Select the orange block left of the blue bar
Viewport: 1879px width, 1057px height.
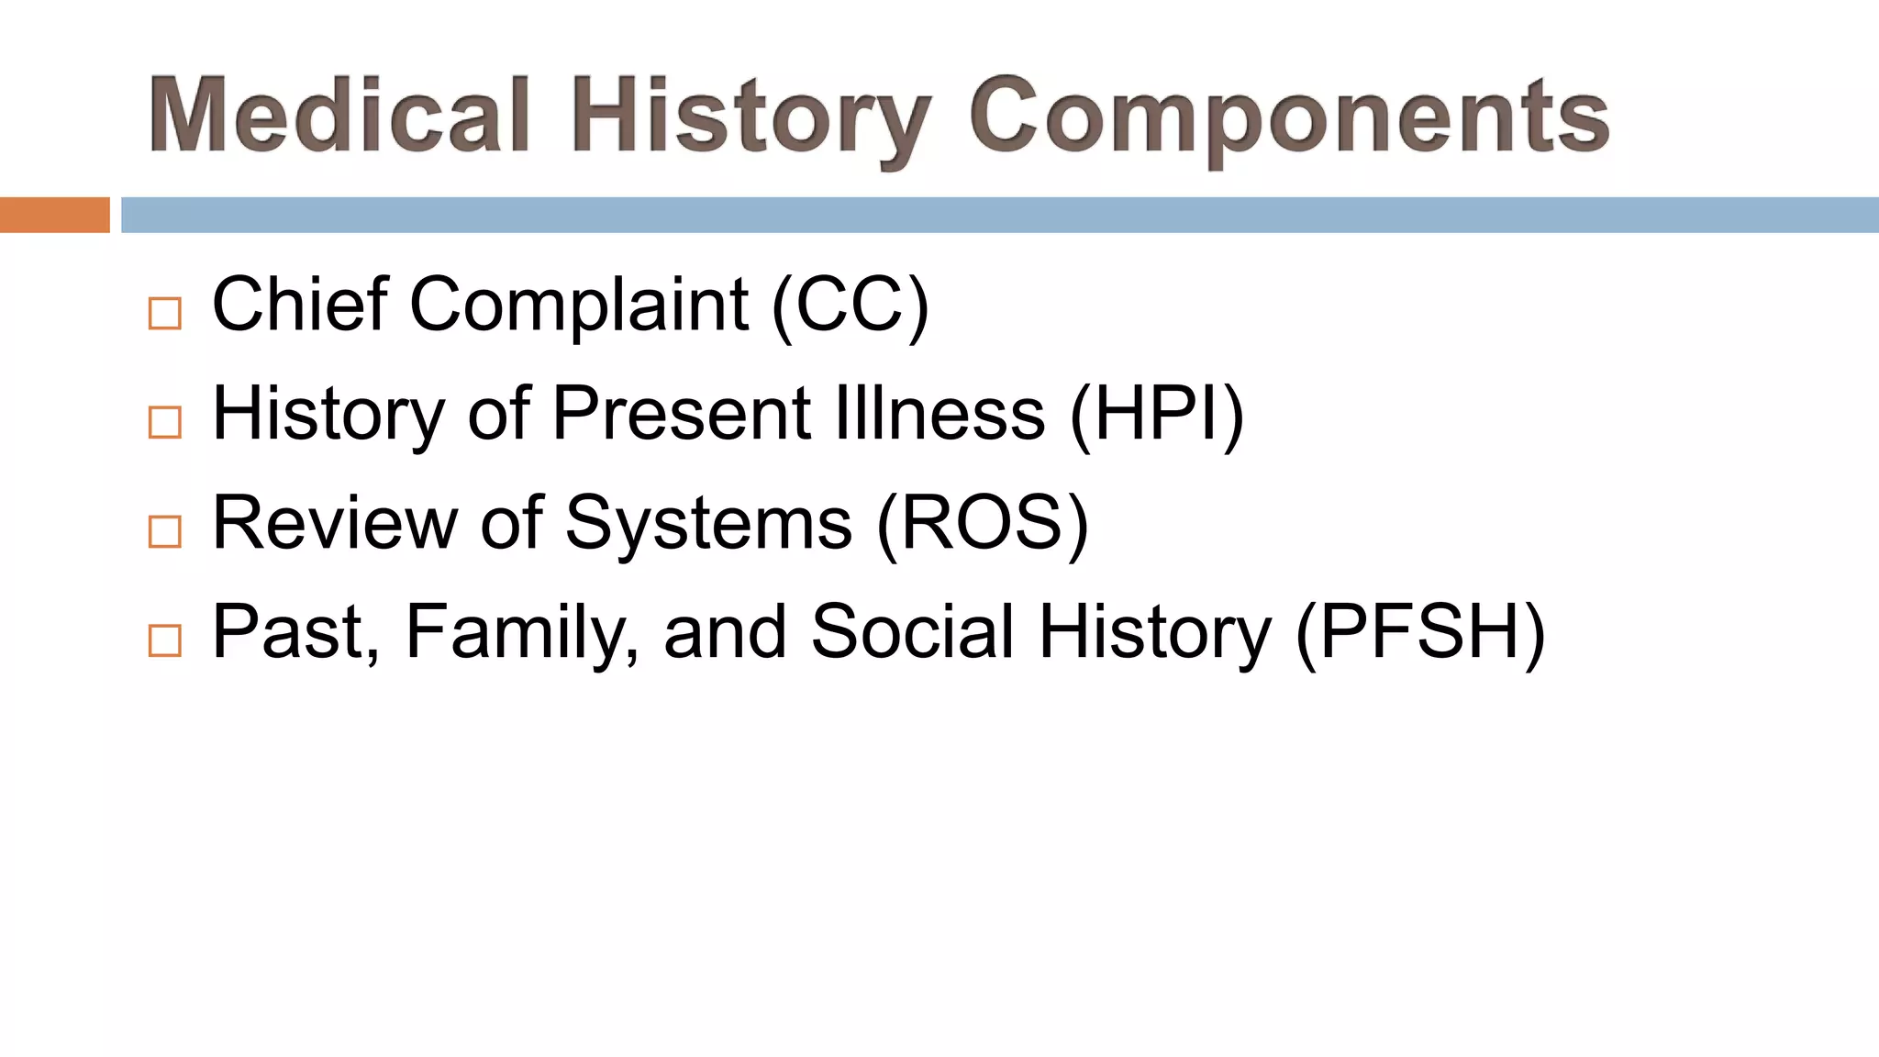tap(54, 215)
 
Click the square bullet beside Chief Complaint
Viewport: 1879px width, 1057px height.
tap(165, 314)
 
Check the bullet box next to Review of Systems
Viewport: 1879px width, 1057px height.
tap(165, 531)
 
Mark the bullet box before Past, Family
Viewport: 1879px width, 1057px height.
tap(165, 640)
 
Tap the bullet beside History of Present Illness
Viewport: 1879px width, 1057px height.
tap(165, 422)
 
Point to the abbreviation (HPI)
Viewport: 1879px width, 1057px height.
tap(1157, 415)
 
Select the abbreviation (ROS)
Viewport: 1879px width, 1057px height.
tap(983, 524)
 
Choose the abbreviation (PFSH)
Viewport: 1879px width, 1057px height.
tap(1420, 633)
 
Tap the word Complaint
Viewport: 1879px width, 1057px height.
tap(579, 306)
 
